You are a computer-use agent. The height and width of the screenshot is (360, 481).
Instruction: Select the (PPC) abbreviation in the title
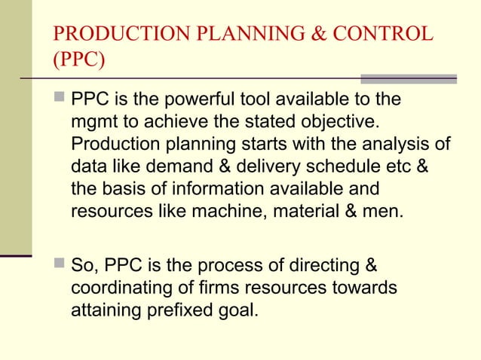pos(76,60)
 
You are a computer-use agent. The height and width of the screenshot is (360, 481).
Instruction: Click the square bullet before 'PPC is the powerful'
pos(59,99)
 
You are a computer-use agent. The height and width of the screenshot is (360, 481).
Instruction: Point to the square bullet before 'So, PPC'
pos(59,266)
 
